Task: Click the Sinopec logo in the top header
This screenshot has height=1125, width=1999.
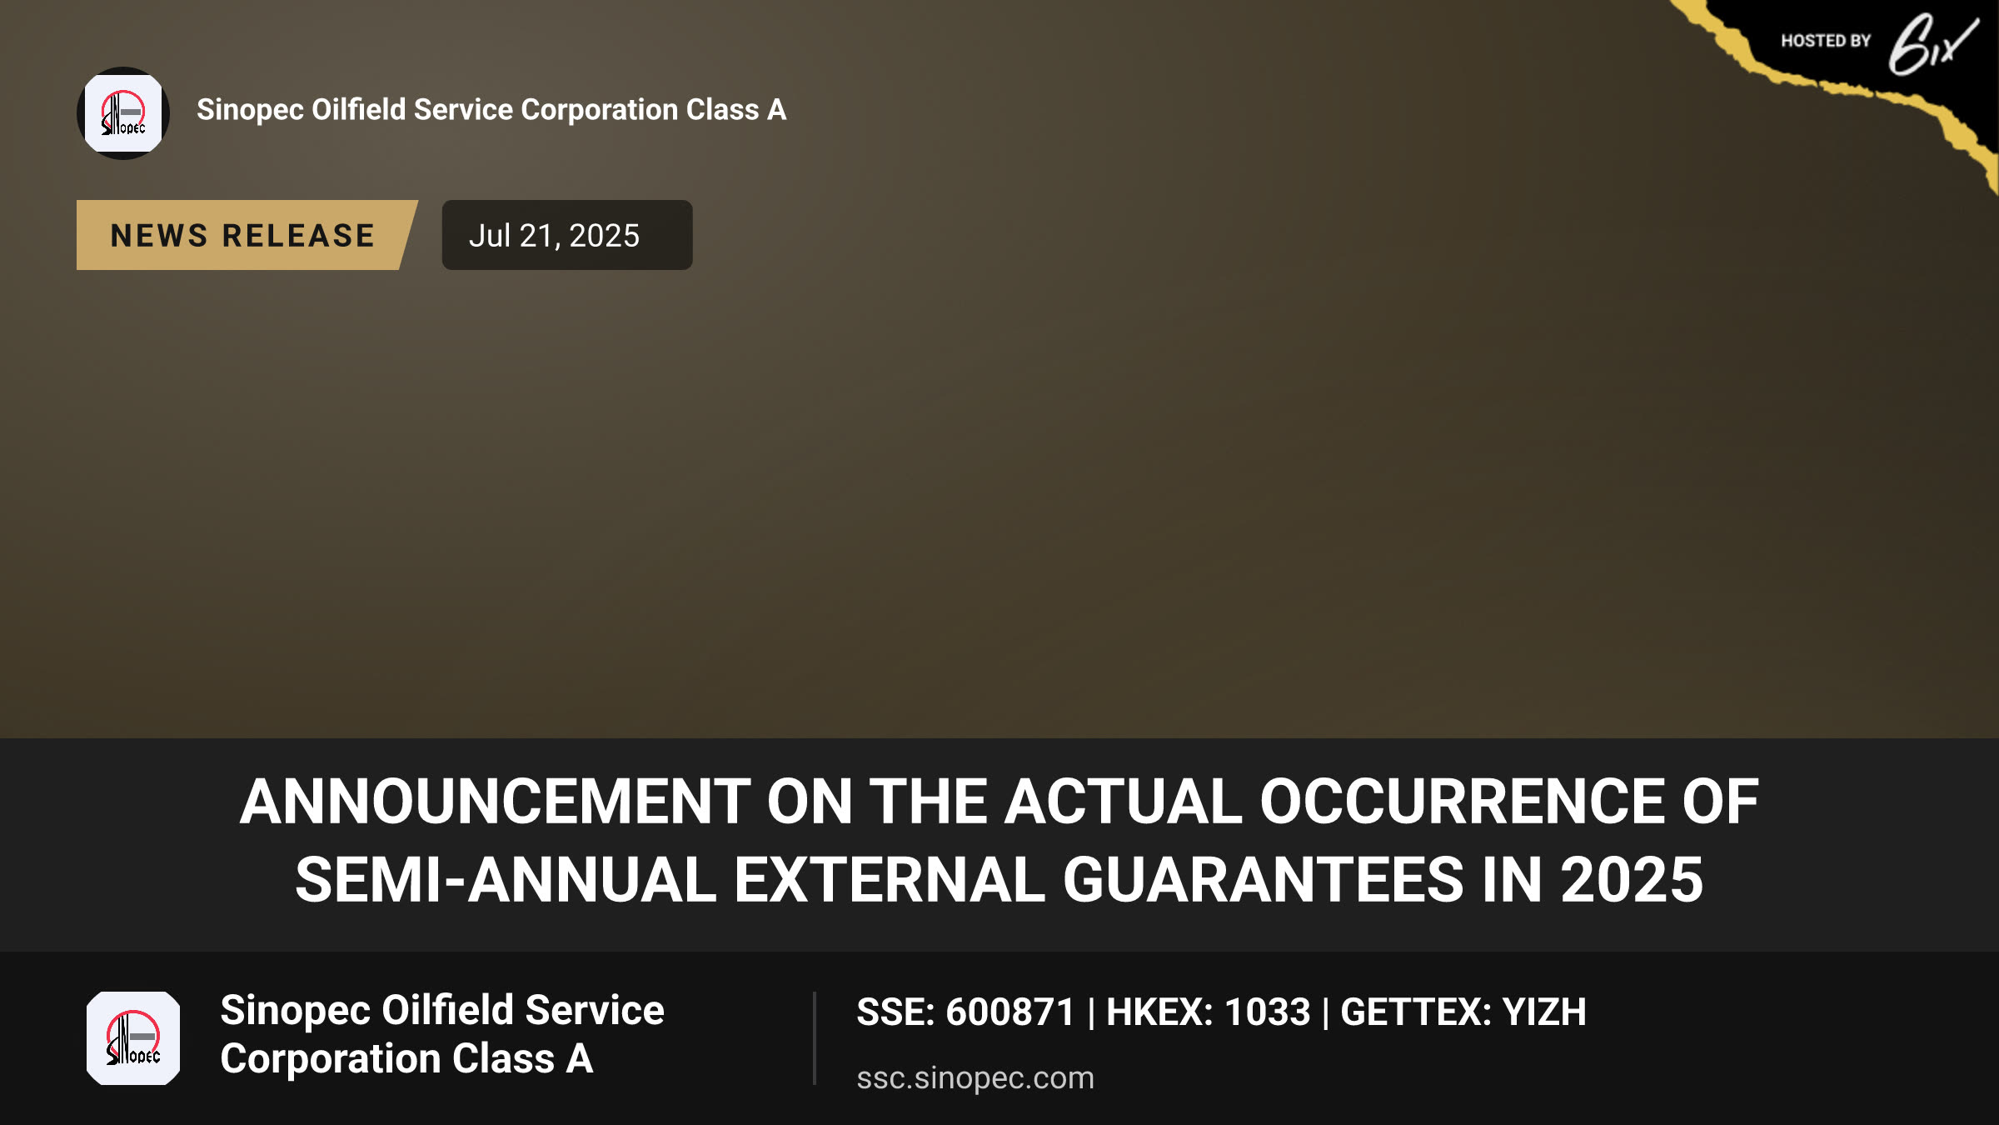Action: pyautogui.click(x=123, y=113)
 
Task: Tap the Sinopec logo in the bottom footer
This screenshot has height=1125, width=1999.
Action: pyautogui.click(x=133, y=1038)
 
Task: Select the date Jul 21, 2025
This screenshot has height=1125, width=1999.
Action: pyautogui.click(x=554, y=236)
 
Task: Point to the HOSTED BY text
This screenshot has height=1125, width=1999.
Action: pyautogui.click(x=1826, y=41)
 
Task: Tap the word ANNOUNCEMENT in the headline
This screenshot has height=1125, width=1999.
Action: pyautogui.click(x=496, y=802)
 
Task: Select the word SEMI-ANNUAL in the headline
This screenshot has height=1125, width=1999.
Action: pyautogui.click(x=506, y=880)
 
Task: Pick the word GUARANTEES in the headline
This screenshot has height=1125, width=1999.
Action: pyautogui.click(x=1263, y=880)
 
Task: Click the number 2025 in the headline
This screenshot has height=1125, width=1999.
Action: pyautogui.click(x=1632, y=880)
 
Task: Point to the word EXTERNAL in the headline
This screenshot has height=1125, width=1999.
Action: pyautogui.click(x=889, y=880)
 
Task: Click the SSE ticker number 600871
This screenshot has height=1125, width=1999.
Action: pyautogui.click(x=1010, y=1012)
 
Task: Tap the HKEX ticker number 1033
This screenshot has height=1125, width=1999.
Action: pyautogui.click(x=1268, y=1012)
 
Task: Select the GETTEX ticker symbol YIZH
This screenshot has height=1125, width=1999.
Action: pyautogui.click(x=1544, y=1012)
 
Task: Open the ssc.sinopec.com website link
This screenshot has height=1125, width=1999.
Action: pyautogui.click(x=975, y=1078)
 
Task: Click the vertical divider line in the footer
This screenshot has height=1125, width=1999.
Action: pyautogui.click(x=815, y=1038)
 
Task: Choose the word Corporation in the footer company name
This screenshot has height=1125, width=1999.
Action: pyautogui.click(x=331, y=1059)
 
